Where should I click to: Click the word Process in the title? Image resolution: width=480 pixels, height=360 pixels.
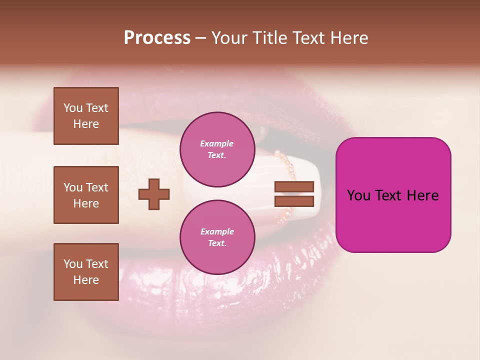[157, 38]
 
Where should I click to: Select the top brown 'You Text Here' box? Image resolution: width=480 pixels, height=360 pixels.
[86, 116]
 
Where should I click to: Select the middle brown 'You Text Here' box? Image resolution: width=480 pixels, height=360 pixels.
[86, 195]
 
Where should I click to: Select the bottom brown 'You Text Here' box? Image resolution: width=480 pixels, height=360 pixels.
[86, 272]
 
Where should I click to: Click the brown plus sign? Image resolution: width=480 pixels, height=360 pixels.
[154, 194]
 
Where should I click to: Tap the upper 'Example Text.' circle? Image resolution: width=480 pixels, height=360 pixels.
[217, 149]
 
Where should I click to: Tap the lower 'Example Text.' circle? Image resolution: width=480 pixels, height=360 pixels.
[217, 237]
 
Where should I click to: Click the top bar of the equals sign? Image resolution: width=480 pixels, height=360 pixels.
[294, 186]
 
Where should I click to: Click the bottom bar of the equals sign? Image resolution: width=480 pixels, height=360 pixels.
[294, 201]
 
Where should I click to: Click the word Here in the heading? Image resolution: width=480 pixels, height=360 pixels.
[348, 38]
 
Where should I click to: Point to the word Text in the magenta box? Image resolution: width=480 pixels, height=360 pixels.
[393, 195]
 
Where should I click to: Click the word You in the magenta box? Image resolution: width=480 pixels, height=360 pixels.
[358, 195]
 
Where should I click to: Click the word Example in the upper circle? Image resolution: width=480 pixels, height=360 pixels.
[217, 143]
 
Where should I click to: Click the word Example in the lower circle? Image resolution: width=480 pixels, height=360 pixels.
[217, 231]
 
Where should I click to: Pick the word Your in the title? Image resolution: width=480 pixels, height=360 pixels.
[230, 38]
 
